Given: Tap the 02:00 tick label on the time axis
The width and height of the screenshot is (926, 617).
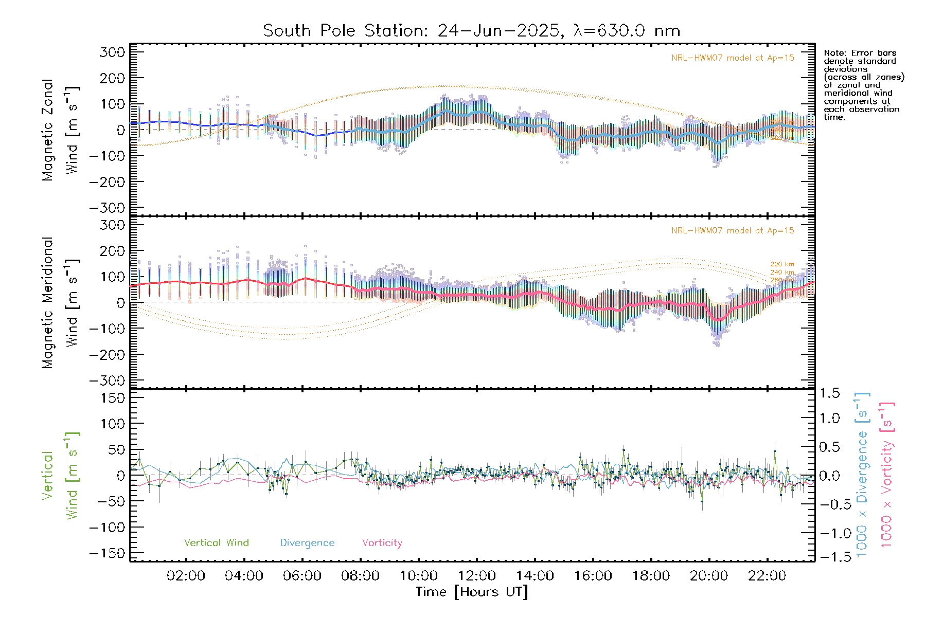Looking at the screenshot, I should (x=186, y=576).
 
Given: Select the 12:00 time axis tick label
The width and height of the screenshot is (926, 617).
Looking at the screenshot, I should (x=476, y=576).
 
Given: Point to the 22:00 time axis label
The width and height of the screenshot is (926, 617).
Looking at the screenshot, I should (x=767, y=576).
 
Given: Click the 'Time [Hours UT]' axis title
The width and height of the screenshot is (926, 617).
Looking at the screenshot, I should (x=472, y=592).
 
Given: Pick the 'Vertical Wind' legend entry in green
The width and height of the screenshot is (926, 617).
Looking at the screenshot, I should (x=216, y=543).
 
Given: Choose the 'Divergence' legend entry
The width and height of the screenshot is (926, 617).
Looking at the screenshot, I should (x=307, y=543).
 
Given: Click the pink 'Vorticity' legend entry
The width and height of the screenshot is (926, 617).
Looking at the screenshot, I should (x=382, y=543).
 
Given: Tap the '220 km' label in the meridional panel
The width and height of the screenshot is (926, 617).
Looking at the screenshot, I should (x=782, y=265).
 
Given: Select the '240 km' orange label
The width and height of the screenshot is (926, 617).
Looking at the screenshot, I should (x=782, y=273).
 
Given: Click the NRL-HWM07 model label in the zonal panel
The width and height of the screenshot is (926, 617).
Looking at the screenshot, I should (x=733, y=58).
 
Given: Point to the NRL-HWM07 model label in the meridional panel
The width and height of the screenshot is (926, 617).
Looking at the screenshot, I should (x=733, y=231).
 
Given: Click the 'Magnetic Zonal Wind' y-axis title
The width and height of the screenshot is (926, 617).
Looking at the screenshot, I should (x=60, y=130).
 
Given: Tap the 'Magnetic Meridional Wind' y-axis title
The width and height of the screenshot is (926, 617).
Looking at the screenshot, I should (x=60, y=302).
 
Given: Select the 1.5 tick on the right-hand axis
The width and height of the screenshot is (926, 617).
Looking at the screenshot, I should (x=829, y=393).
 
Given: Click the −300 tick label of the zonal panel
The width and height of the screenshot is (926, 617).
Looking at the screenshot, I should (x=107, y=208).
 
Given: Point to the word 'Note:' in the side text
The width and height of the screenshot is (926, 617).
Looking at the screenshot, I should (x=834, y=53).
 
